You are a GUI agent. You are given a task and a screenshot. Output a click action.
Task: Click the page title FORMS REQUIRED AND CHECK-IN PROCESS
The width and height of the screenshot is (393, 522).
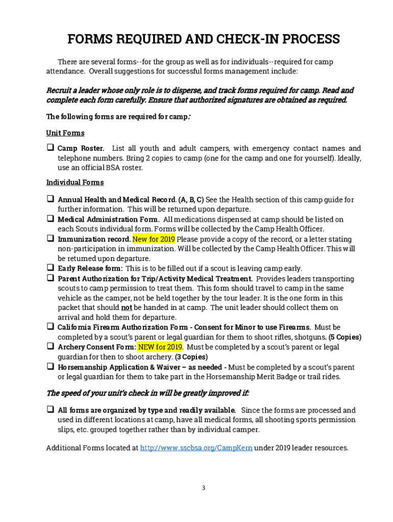204,39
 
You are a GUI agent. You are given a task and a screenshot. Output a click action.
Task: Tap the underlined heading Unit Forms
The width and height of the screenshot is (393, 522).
65,133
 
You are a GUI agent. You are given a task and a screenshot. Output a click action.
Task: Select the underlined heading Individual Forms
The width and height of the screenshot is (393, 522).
75,182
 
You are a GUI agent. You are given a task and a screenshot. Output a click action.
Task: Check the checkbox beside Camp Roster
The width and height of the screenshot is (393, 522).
51,148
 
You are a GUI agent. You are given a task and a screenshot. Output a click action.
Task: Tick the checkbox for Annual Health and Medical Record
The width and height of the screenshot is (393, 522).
51,199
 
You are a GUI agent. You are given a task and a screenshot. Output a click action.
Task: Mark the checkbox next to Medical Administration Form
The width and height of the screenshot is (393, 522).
51,219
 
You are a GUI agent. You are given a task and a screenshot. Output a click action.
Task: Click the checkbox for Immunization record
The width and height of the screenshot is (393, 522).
51,238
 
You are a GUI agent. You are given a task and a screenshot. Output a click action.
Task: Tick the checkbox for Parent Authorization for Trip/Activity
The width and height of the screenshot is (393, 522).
51,278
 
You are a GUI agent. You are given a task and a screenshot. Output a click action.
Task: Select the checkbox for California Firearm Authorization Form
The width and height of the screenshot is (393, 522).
51,326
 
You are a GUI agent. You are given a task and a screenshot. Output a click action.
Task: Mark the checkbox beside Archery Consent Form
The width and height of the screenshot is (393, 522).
51,346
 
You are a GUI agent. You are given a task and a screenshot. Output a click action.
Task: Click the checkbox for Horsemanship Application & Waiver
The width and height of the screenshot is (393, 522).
51,366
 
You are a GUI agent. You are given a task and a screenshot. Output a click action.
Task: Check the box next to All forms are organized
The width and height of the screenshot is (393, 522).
51,409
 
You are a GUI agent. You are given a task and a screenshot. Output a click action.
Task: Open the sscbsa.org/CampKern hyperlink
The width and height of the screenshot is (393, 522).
196,448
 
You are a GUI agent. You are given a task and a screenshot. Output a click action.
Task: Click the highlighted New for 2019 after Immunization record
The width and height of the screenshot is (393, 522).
154,239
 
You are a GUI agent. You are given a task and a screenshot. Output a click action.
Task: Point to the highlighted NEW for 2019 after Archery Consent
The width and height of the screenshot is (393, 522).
160,347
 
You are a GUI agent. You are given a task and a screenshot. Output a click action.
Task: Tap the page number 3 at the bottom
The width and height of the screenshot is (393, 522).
203,488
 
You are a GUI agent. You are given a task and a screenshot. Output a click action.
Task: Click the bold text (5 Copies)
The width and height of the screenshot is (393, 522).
345,337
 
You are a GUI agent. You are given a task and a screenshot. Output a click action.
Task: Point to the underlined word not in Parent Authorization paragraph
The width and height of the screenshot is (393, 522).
127,308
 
